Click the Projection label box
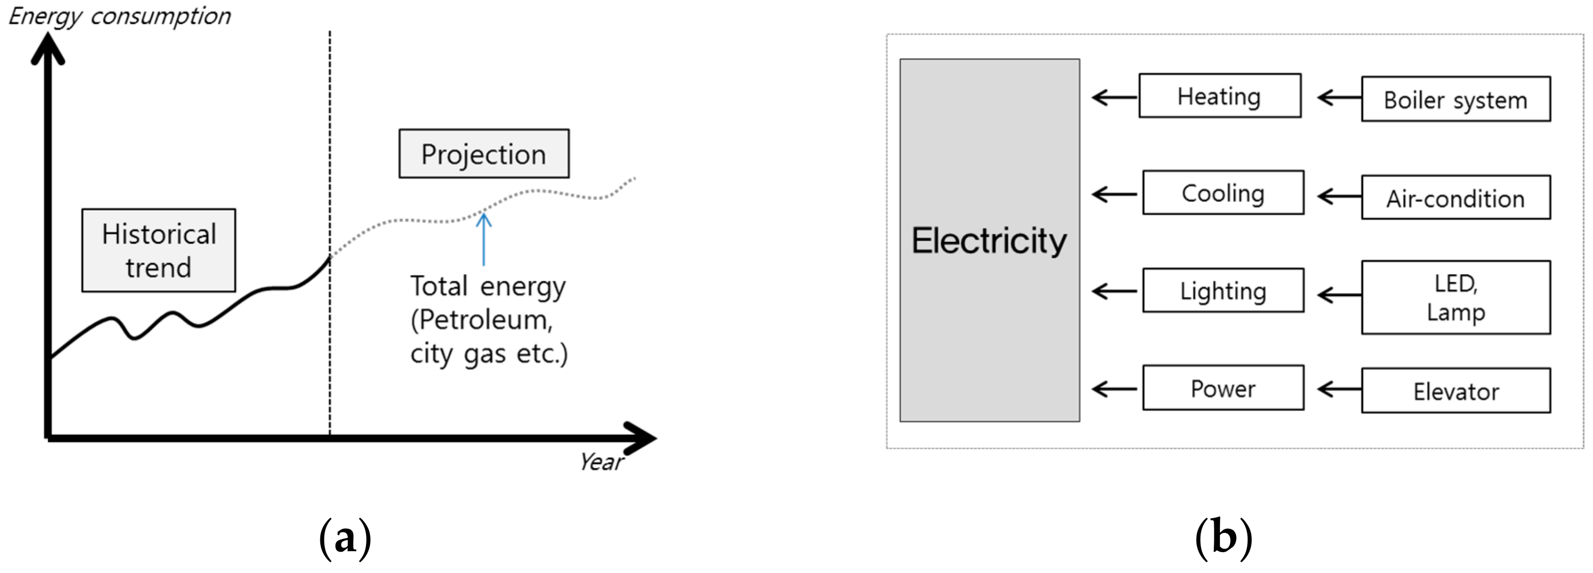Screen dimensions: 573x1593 pos(484,154)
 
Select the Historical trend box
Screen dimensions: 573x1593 pos(158,250)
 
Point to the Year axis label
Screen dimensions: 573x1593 pos(601,462)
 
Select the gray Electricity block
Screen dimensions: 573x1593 pos(989,241)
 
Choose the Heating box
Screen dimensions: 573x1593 pos(1219,96)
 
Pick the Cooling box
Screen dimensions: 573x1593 pos(1223,193)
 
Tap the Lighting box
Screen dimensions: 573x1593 pos(1223,290)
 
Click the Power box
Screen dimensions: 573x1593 pos(1223,388)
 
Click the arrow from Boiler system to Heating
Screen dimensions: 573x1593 pos(1339,97)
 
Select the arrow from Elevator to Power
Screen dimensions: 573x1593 pos(1339,389)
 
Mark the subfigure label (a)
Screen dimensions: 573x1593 pos(345,538)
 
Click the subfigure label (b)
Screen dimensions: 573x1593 pos(1223,538)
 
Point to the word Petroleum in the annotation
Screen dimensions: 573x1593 pos(485,320)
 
